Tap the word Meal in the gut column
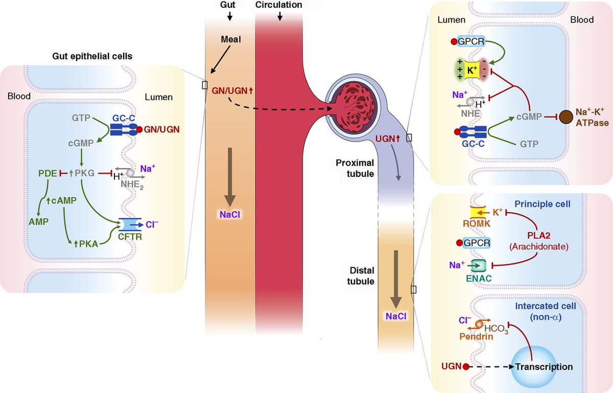point(231,39)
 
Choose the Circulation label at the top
point(280,5)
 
